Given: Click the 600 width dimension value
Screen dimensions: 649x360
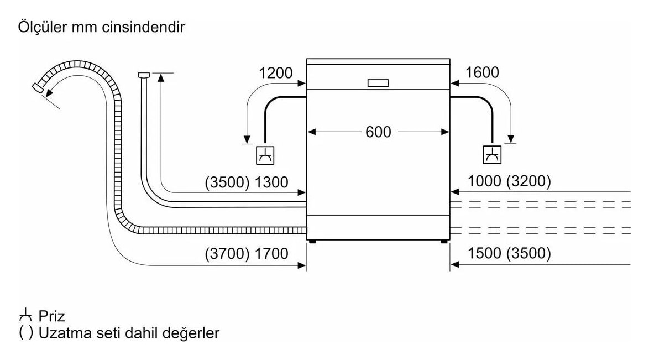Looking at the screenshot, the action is (378, 132).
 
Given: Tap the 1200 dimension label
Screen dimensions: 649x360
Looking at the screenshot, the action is (275, 73).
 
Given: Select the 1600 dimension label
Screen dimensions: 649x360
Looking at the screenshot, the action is (482, 72).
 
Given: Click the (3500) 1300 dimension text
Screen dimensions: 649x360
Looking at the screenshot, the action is (246, 182).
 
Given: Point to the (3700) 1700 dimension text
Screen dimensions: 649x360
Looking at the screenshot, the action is (246, 253).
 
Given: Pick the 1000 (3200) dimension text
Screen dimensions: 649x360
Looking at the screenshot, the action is (509, 181).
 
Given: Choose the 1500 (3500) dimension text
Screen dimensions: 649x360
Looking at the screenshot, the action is (509, 253).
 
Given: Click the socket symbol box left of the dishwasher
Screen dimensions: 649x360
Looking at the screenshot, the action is (265, 155).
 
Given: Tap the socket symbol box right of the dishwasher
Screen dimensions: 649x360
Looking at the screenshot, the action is (492, 155).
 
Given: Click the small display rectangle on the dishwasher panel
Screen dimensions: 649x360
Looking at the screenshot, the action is (378, 83).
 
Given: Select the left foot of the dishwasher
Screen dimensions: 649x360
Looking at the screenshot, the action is (312, 242).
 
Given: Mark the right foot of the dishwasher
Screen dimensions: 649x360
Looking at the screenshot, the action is (444, 242).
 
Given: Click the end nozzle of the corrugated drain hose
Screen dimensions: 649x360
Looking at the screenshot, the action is (39, 87).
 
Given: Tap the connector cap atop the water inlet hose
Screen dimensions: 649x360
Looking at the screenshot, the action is (143, 75).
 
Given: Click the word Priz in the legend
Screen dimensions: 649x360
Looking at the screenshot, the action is (52, 316).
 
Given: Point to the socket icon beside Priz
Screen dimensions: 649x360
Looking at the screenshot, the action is (25, 316).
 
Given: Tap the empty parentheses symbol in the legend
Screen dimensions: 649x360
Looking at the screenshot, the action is (25, 333).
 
